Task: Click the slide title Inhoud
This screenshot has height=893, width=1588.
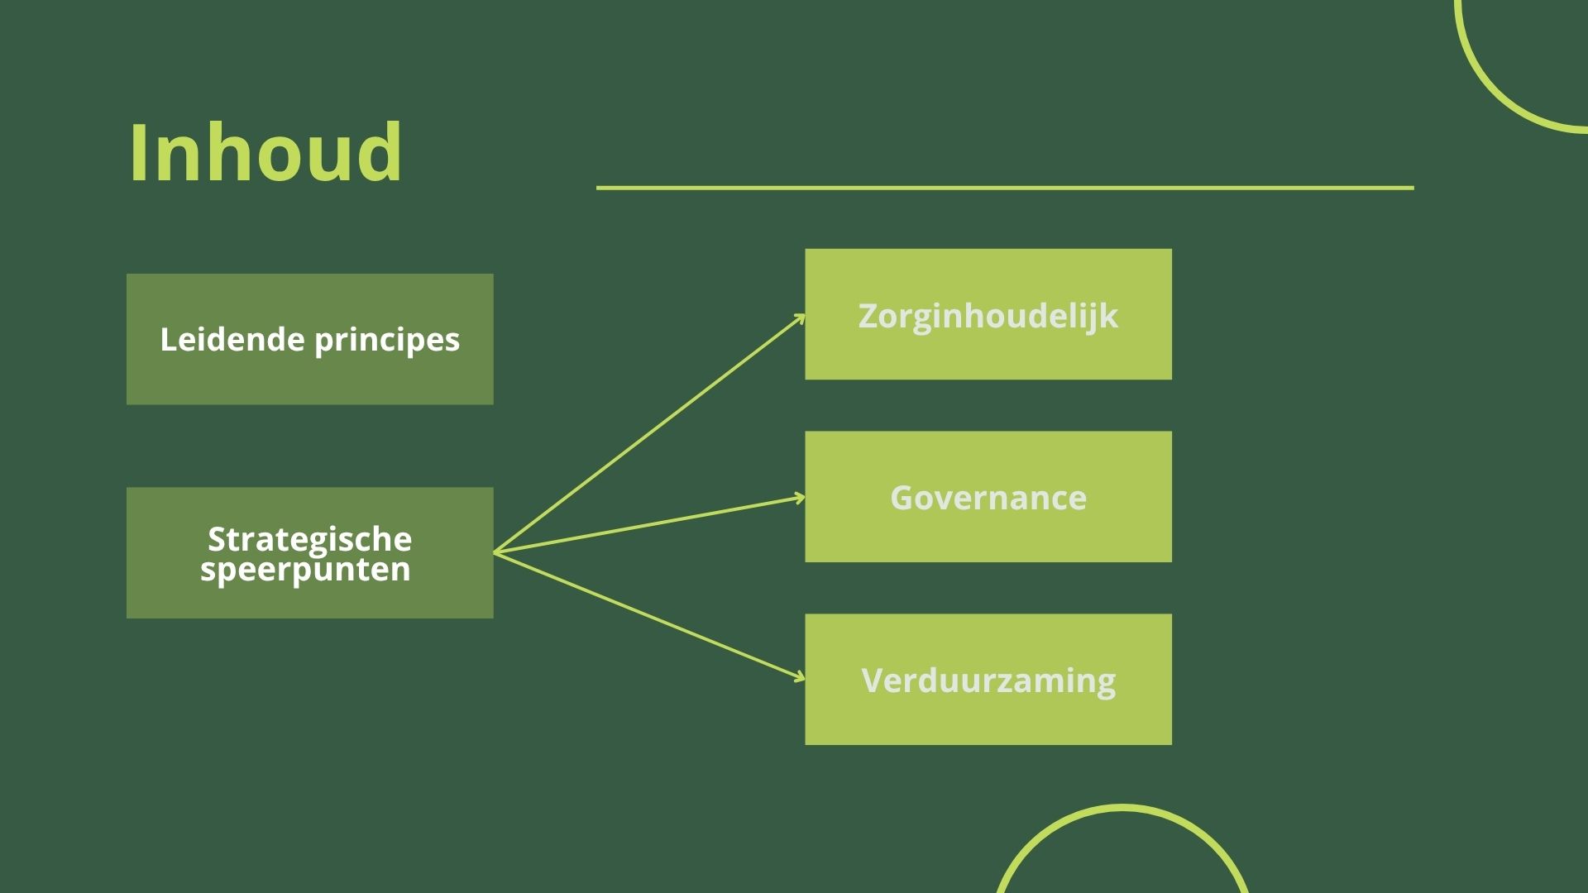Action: point(265,152)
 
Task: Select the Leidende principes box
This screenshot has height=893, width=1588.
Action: point(310,339)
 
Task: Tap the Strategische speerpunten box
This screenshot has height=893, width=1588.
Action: point(310,552)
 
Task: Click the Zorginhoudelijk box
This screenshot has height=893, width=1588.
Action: point(988,314)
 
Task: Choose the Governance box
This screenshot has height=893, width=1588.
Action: point(988,497)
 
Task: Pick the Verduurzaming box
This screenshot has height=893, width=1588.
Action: point(988,680)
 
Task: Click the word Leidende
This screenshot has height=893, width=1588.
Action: point(232,339)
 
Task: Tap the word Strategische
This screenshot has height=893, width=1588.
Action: point(310,540)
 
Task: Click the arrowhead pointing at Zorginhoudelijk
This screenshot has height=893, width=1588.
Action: point(801,318)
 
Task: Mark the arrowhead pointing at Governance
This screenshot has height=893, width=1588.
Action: point(800,498)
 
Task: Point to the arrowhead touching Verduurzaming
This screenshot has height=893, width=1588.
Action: point(800,677)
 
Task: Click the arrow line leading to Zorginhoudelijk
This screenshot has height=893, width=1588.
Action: point(649,434)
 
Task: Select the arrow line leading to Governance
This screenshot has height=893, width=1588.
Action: point(649,525)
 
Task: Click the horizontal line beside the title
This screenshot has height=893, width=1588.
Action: point(1005,188)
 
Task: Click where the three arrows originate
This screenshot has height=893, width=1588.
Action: point(495,552)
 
